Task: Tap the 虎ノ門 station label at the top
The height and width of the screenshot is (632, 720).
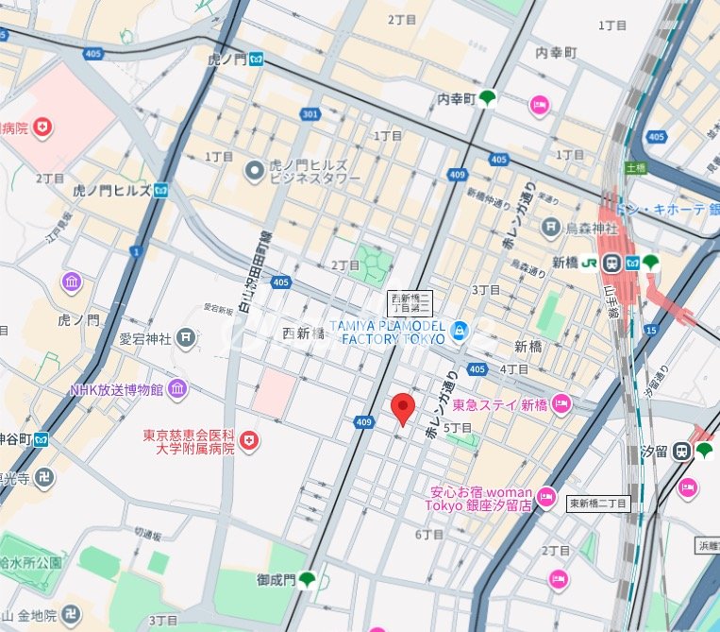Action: (226, 59)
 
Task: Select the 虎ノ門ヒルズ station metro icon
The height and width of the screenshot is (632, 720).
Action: (161, 191)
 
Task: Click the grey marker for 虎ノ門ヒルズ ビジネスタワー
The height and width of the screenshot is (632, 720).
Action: (254, 170)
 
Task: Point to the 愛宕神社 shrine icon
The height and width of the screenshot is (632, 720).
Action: (187, 337)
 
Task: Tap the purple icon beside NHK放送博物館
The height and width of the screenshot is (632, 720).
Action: (177, 388)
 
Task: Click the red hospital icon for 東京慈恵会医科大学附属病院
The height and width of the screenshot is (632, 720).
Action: (248, 440)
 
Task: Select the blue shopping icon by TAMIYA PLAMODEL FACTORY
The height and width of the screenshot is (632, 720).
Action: (460, 330)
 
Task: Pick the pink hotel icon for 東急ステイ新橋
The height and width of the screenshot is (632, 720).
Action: (561, 404)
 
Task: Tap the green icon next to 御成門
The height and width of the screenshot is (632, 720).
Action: (307, 578)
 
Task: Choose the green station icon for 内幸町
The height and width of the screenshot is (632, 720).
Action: (487, 97)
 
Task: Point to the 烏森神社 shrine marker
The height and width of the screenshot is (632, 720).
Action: (551, 227)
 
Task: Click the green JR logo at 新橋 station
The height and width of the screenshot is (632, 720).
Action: (589, 262)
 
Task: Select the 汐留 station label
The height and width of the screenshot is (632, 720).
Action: (655, 453)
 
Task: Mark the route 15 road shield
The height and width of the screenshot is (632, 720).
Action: (651, 329)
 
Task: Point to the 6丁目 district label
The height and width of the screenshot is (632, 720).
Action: (429, 534)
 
